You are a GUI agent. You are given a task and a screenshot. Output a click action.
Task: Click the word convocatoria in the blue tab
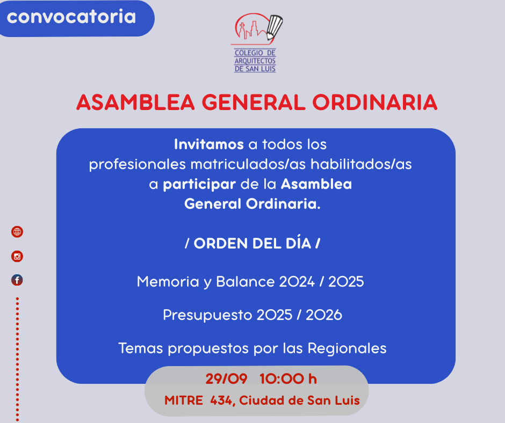tap(71, 17)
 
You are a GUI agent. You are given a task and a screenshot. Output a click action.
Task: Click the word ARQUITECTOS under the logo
tap(255, 61)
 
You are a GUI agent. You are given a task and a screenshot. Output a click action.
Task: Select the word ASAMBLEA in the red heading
tap(135, 103)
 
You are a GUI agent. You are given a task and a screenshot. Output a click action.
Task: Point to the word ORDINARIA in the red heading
tap(374, 103)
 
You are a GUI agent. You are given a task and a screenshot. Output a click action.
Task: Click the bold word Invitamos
tap(208, 144)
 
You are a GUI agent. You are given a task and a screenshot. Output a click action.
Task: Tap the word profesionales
tap(138, 164)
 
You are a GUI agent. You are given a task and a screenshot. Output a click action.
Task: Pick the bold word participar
tap(199, 185)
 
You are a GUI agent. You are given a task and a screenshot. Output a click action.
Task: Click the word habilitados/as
tap(361, 164)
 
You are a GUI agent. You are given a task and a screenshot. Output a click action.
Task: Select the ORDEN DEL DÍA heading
tap(252, 243)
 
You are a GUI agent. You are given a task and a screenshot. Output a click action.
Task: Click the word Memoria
tap(168, 282)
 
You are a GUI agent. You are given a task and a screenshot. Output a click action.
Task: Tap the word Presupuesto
tap(207, 315)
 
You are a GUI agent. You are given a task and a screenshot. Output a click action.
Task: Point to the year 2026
tap(323, 315)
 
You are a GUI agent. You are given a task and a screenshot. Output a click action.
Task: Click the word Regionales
tap(347, 348)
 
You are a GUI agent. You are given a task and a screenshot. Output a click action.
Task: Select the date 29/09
tap(226, 379)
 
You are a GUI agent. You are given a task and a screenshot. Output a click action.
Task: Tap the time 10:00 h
tap(288, 379)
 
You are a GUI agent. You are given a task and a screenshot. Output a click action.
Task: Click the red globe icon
tap(17, 232)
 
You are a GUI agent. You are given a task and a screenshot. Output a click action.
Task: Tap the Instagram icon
tap(17, 256)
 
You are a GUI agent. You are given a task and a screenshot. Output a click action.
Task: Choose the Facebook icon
tap(17, 280)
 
